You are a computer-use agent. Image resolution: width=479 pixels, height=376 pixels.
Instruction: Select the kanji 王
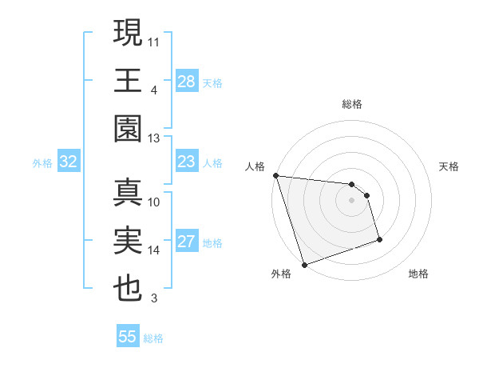pyautogui.click(x=129, y=81)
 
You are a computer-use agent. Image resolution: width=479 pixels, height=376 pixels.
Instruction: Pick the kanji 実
pyautogui.click(x=129, y=242)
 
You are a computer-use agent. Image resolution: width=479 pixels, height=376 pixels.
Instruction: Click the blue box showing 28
pyautogui.click(x=187, y=81)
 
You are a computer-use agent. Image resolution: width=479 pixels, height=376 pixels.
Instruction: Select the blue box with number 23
pyautogui.click(x=187, y=162)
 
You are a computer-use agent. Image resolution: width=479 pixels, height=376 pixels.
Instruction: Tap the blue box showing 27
pyautogui.click(x=187, y=242)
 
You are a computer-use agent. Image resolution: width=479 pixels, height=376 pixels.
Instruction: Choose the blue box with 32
pyautogui.click(x=69, y=162)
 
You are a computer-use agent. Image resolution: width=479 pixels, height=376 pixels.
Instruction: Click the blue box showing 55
pyautogui.click(x=128, y=337)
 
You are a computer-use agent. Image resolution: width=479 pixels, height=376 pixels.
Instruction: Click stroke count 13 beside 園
pyautogui.click(x=154, y=138)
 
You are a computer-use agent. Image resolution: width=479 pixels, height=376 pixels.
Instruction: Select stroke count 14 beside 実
pyautogui.click(x=154, y=250)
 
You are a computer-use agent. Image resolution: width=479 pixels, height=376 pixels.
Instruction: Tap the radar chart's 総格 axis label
pyautogui.click(x=352, y=104)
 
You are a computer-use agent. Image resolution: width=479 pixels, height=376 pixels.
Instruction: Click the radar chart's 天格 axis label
pyautogui.click(x=449, y=166)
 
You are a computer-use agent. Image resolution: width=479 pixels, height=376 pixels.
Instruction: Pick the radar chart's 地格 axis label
pyautogui.click(x=418, y=274)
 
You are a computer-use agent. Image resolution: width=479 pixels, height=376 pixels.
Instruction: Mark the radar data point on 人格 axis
pyautogui.click(x=275, y=175)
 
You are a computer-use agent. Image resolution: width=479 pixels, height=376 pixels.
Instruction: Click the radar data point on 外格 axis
pyautogui.click(x=304, y=264)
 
